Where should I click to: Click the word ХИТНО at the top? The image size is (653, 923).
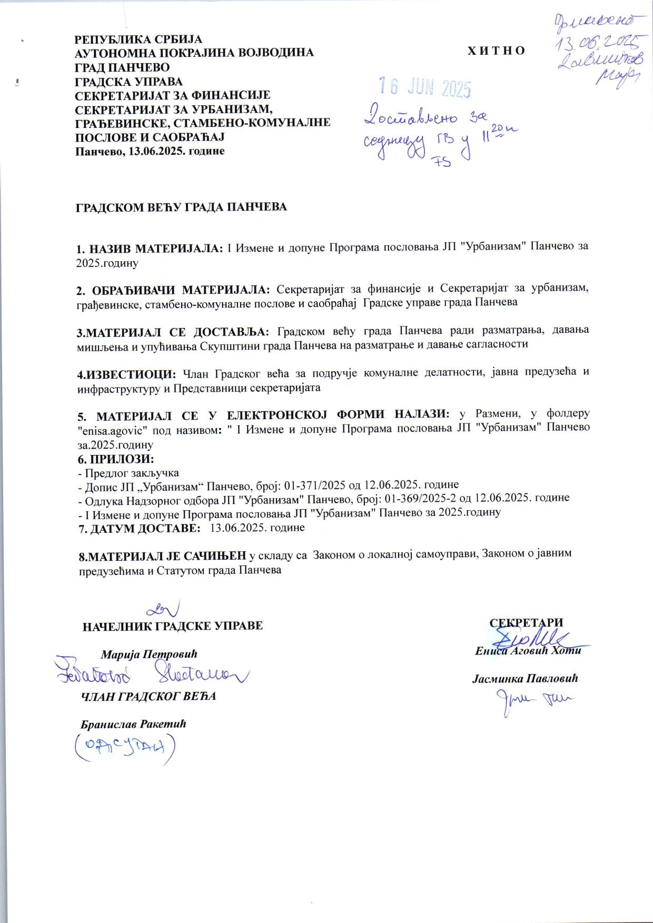496,51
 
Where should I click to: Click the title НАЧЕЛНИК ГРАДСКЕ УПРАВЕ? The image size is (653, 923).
173,626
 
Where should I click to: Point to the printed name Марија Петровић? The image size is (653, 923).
149,654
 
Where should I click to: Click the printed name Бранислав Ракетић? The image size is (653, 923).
133,723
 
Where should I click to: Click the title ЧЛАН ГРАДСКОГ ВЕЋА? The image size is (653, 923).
147,696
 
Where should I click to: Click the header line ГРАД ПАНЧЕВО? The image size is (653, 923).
122,67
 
